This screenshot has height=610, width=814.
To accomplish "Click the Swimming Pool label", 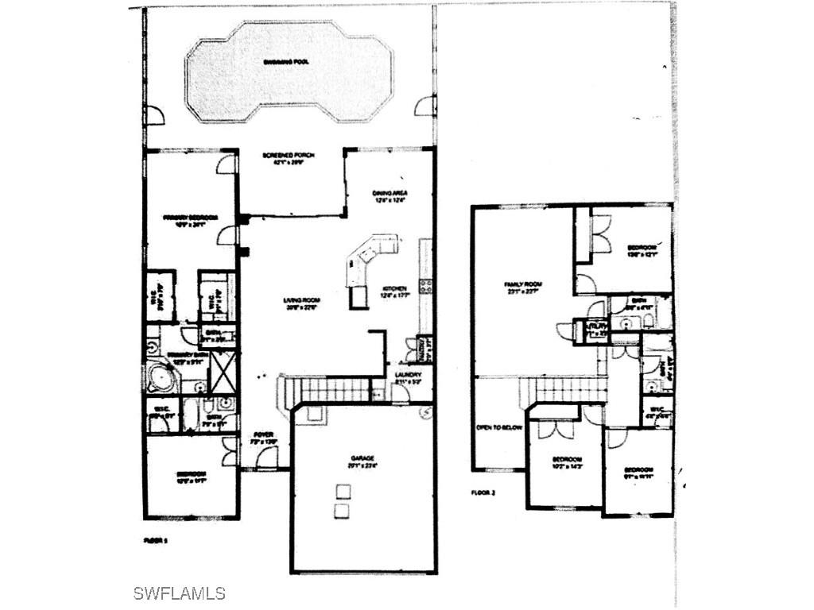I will [x=287, y=61].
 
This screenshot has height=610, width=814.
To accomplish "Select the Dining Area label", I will [x=390, y=193].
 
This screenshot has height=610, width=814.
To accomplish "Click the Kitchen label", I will [x=395, y=288].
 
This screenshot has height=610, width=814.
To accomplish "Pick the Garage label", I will [x=362, y=458].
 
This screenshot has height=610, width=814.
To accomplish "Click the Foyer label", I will [x=262, y=434].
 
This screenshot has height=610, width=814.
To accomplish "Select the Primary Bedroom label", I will [x=190, y=217].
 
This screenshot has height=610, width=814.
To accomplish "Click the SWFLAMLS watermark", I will [x=179, y=593].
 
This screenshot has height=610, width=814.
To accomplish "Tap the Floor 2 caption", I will [x=483, y=492].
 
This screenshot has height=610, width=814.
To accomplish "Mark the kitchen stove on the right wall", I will [x=426, y=286].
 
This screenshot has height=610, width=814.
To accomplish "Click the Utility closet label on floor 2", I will [x=595, y=327].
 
